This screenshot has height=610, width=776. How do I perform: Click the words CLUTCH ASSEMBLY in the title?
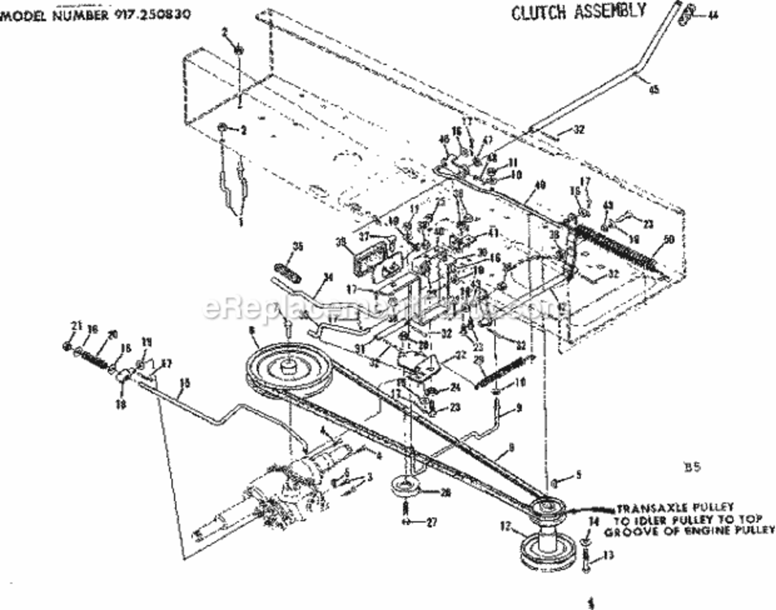pos(578,11)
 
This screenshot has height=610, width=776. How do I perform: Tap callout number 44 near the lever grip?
pos(713,14)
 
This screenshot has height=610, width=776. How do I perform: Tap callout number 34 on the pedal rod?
pos(327,278)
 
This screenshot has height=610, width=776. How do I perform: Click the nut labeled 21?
pos(66,347)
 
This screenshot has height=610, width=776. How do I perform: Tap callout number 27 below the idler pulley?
pos(431,522)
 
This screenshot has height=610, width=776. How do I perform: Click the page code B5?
pos(688,467)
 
